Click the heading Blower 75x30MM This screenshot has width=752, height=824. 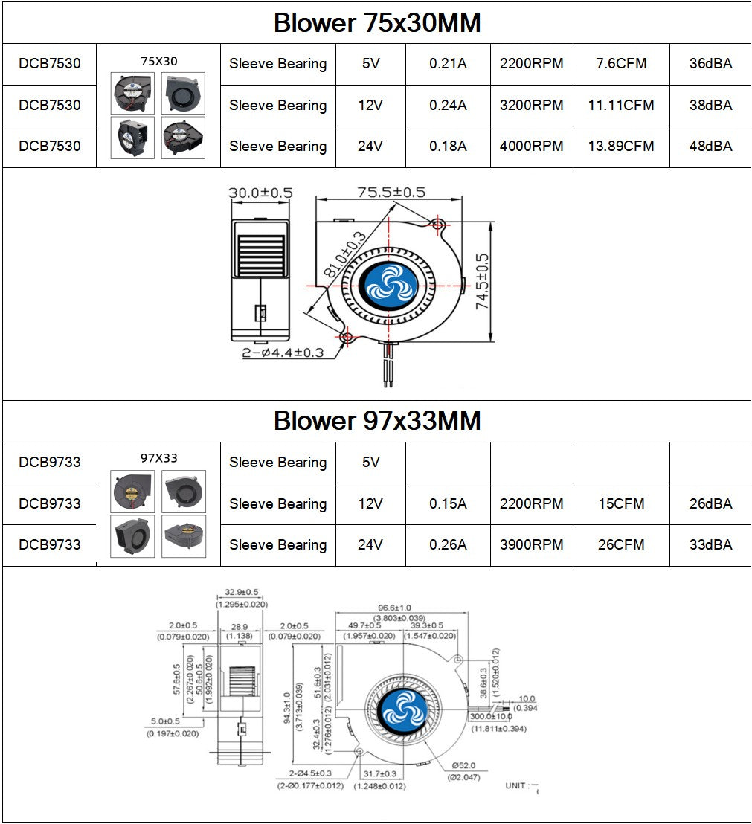click(376, 23)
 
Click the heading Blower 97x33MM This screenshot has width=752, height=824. click(376, 421)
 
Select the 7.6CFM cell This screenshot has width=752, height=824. click(621, 64)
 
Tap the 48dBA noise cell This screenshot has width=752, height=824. click(710, 147)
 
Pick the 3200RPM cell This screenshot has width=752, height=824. click(531, 106)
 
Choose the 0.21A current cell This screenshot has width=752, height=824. click(448, 64)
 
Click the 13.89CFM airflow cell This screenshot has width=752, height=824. click(621, 147)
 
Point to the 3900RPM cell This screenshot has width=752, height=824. click(531, 545)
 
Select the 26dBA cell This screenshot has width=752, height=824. click(710, 504)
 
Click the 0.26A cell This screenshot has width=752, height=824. click(448, 545)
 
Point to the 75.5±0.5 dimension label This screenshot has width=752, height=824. click(391, 192)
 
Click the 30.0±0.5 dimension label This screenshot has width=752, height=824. click(260, 192)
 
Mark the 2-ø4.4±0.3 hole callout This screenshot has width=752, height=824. click(283, 353)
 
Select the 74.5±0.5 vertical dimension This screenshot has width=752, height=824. click(482, 280)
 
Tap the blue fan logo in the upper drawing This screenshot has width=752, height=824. click(390, 283)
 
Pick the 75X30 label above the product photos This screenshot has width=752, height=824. click(158, 61)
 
